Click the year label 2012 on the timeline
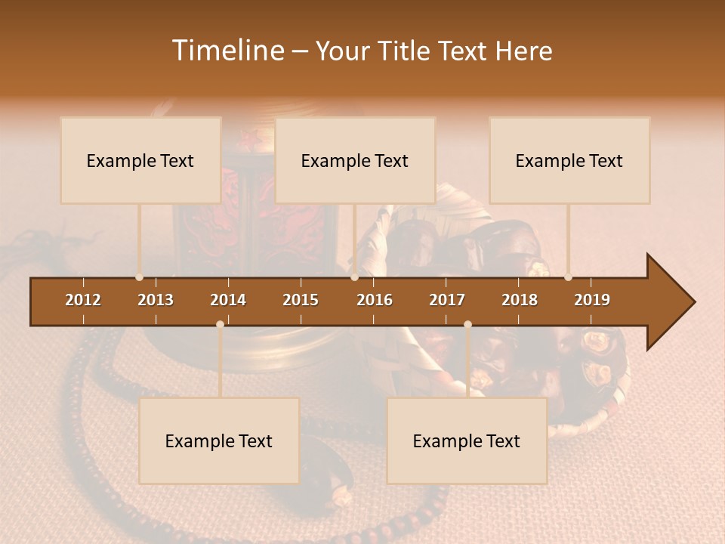tap(83, 300)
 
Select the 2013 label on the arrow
tap(156, 300)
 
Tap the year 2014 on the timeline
tap(228, 300)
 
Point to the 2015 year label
tap(301, 300)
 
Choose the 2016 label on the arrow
tap(375, 300)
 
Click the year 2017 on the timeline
tap(447, 300)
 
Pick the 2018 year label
tap(520, 300)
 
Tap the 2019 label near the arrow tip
tap(592, 300)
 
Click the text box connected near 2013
tap(140, 160)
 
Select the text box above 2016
tap(355, 160)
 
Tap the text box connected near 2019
tap(569, 160)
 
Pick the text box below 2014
tap(219, 440)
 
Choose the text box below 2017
tap(467, 440)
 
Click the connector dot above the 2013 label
tap(139, 277)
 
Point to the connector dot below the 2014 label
tap(220, 324)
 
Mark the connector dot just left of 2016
tap(354, 277)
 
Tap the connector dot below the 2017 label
tap(467, 324)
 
